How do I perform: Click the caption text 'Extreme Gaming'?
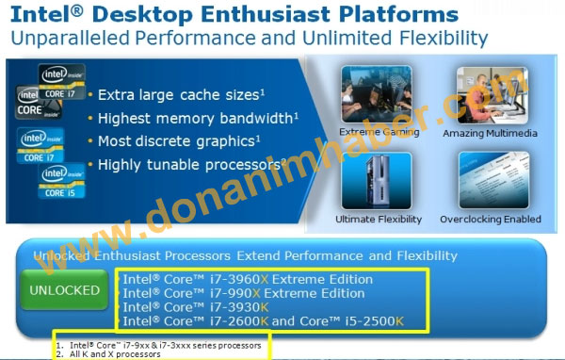pos(365,133)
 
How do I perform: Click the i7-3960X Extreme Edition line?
pos(248,279)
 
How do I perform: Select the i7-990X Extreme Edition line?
pos(243,293)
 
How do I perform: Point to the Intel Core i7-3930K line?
pos(195,307)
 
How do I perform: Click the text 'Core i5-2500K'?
pos(363,321)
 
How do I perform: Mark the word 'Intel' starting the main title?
pos(37,16)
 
